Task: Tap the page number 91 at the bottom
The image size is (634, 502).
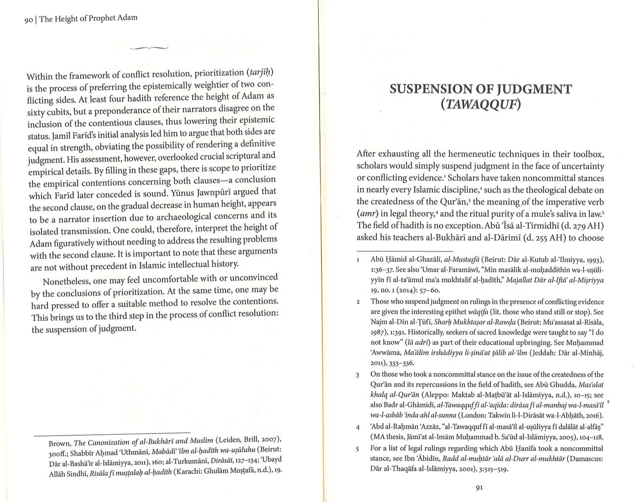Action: (479, 487)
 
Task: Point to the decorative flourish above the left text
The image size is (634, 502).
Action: (149, 48)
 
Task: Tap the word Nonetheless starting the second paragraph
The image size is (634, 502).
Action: (66, 282)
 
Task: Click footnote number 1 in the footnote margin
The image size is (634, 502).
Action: (358, 260)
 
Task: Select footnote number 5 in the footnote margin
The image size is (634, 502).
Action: (358, 449)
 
